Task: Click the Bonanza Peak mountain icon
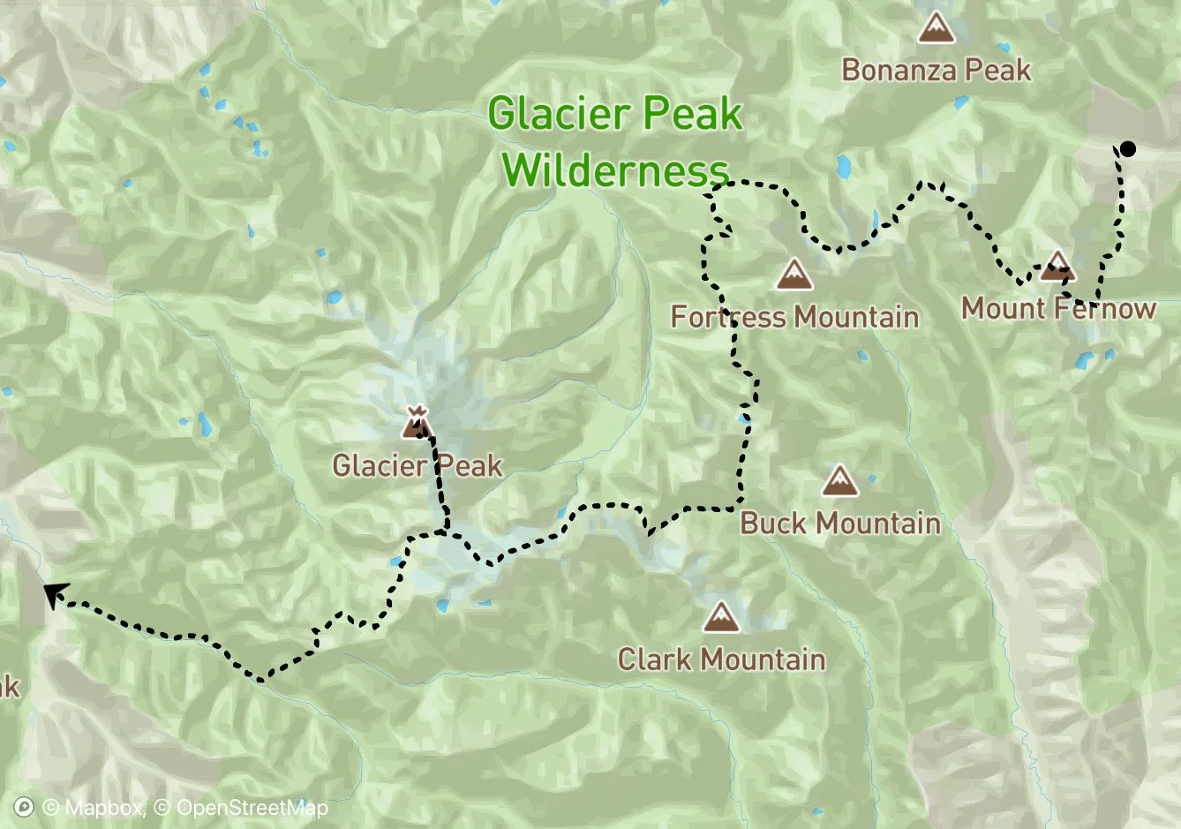click(936, 28)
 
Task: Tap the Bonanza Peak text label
click(936, 70)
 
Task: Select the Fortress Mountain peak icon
click(794, 275)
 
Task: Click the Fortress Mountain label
click(794, 316)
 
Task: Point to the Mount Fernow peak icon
click(1057, 266)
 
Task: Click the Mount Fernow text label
click(1057, 308)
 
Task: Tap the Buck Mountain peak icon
click(839, 482)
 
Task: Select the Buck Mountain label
click(839, 523)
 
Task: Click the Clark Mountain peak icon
click(721, 617)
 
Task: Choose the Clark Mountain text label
click(721, 659)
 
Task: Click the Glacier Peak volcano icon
click(417, 423)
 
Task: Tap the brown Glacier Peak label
click(417, 465)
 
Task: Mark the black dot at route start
click(1127, 149)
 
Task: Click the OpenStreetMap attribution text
click(241, 808)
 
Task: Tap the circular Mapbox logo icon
click(25, 808)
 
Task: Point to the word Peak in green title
click(692, 115)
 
